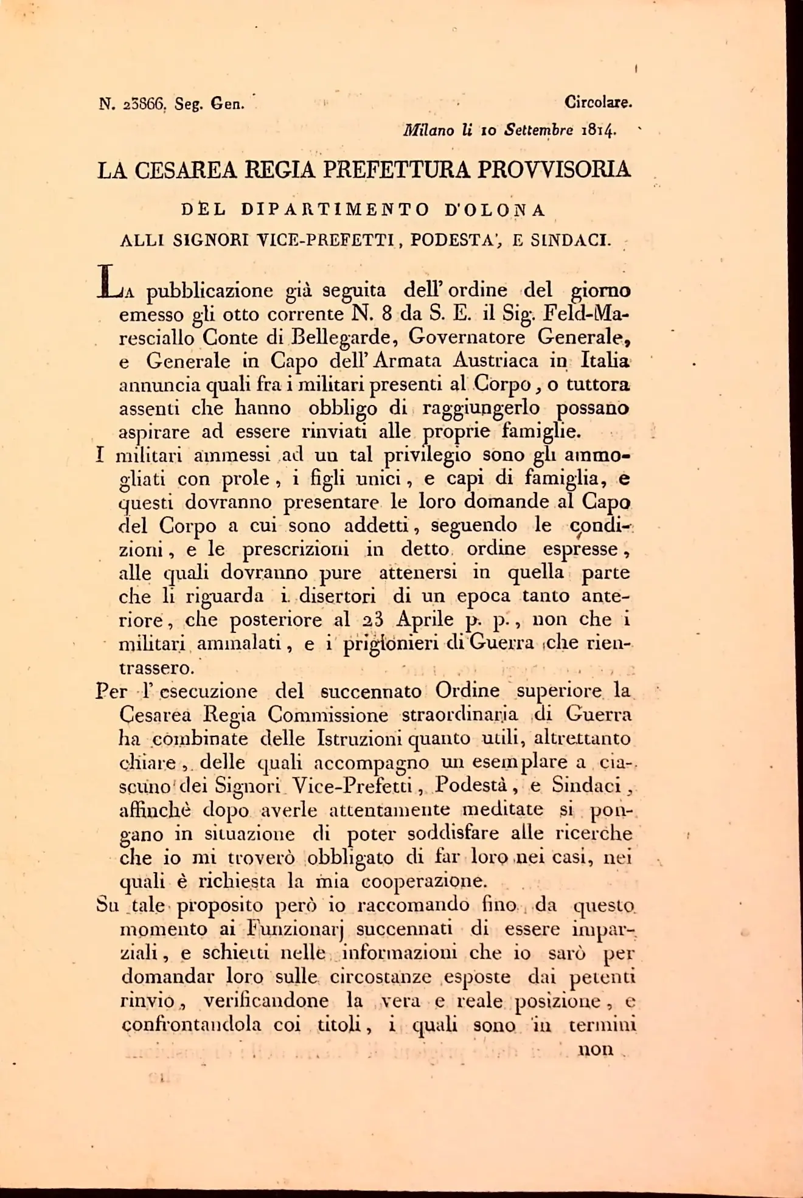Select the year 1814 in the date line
coord(599,130)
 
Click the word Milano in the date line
coord(428,130)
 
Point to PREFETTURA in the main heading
coord(396,170)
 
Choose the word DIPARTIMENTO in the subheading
coord(335,210)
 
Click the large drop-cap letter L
coord(108,282)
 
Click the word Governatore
coord(467,336)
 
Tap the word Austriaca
coord(495,361)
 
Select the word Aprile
coord(425,619)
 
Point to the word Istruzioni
coord(360,738)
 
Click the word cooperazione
coord(424,881)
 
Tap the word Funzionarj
coord(296,929)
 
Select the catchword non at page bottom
coord(596,1049)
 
